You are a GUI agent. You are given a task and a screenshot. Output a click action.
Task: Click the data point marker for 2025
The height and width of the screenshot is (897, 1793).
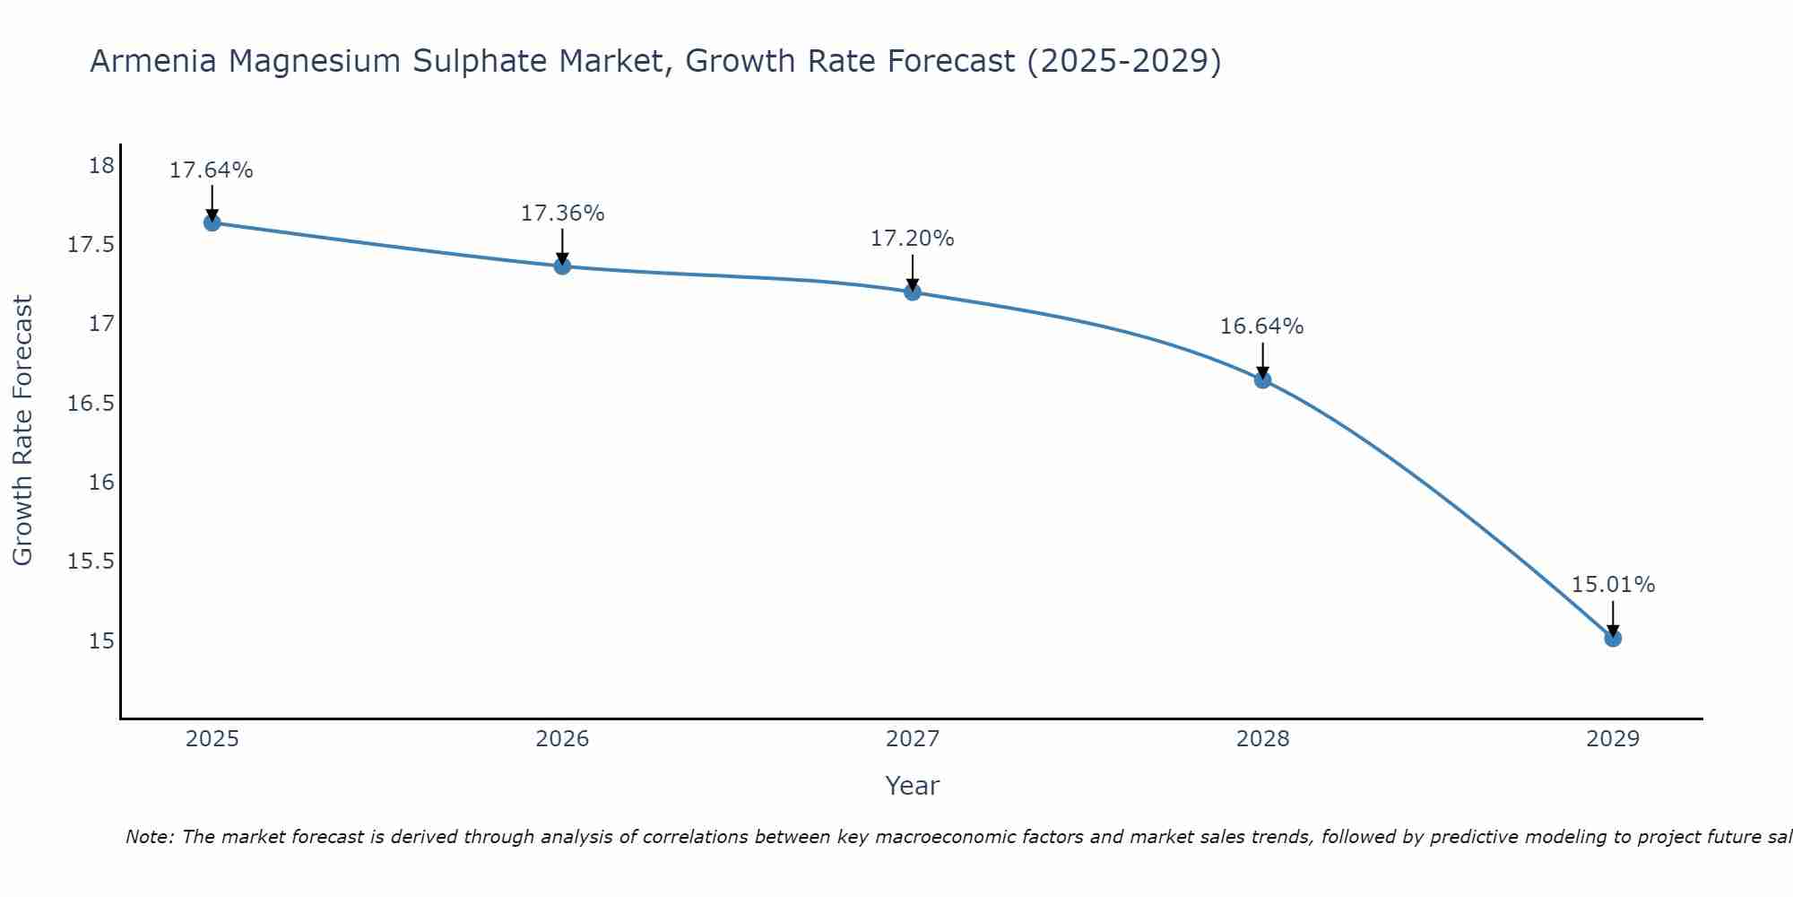click(x=212, y=222)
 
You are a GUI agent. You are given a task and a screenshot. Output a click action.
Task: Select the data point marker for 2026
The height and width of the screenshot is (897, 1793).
click(x=562, y=266)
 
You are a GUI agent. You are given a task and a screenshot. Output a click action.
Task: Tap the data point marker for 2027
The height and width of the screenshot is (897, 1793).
click(x=913, y=292)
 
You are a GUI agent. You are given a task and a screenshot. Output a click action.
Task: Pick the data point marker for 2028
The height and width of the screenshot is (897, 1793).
click(x=1262, y=379)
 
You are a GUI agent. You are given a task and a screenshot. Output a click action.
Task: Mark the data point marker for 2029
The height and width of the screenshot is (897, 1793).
click(x=1613, y=638)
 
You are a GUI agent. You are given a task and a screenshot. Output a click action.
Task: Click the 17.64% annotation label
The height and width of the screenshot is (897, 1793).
click(x=212, y=170)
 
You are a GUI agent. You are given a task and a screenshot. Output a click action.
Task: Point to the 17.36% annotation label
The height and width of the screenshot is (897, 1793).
click(x=562, y=213)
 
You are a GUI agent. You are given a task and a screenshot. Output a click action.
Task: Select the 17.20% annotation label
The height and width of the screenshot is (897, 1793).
click(x=913, y=239)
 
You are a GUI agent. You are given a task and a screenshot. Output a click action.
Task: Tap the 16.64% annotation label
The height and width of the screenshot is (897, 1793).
click(x=1261, y=327)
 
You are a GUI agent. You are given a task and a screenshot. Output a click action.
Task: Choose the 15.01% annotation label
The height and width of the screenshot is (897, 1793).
click(x=1613, y=585)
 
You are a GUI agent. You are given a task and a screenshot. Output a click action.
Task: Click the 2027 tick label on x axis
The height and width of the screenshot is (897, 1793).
click(x=913, y=739)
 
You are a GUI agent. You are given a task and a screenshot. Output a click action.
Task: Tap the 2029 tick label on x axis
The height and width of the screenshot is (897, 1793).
click(x=1613, y=739)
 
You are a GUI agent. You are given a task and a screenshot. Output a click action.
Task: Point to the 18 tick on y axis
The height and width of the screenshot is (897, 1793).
click(x=101, y=166)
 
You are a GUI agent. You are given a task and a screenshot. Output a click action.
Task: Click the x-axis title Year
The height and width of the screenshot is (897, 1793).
click(x=912, y=786)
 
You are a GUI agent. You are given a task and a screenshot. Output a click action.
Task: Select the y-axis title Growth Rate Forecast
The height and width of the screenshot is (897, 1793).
click(x=22, y=431)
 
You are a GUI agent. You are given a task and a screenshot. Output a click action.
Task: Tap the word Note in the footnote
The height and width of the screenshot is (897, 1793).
click(x=149, y=837)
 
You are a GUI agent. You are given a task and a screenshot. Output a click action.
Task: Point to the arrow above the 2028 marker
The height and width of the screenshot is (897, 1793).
click(x=1262, y=359)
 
